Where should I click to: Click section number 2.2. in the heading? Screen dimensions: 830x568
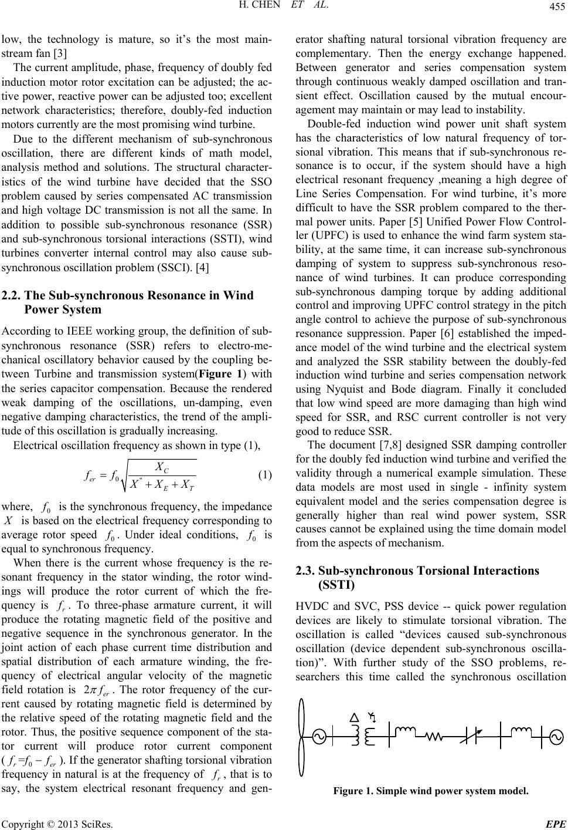12,296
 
